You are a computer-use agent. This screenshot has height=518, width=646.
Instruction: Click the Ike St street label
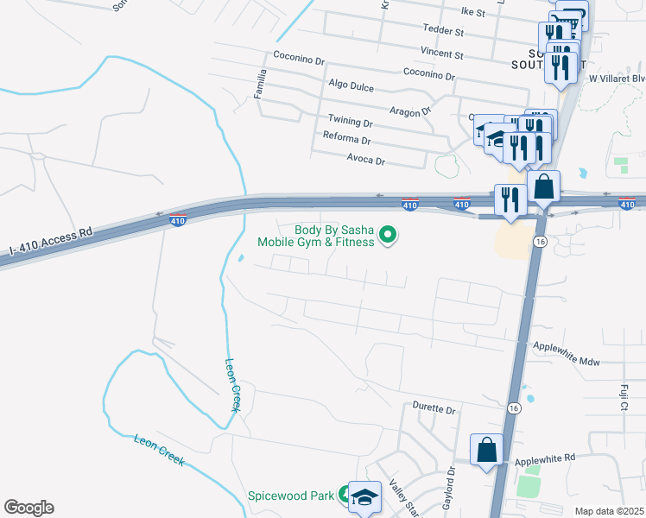(474, 12)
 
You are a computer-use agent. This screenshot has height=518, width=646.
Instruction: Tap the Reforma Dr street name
(346, 139)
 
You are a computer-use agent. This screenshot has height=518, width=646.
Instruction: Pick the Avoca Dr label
(365, 161)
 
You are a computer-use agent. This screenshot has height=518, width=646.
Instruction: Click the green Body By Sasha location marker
(389, 234)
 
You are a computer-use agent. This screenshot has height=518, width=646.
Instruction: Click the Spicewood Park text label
(291, 496)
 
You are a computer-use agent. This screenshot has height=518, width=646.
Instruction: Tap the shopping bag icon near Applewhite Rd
(486, 450)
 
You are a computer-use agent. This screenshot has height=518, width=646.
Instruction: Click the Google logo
(28, 508)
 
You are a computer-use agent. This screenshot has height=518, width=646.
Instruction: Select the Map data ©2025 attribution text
(608, 511)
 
